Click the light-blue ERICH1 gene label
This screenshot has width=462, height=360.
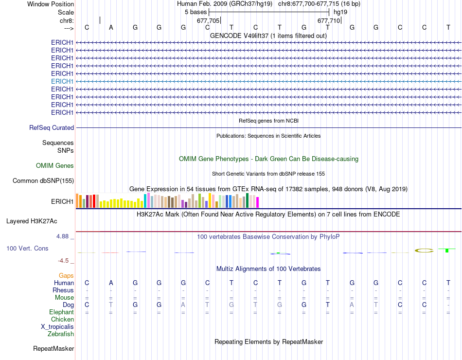pyautogui.click(x=62, y=81)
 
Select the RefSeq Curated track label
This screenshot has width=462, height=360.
pyautogui.click(x=52, y=127)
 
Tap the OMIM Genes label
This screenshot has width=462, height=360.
pyautogui.click(x=55, y=165)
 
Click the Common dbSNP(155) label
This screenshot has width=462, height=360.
pyautogui.click(x=43, y=181)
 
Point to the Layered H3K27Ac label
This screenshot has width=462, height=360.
pyautogui.click(x=32, y=221)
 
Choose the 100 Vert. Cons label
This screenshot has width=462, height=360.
pyautogui.click(x=27, y=248)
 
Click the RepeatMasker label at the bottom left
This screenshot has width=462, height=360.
pyautogui.click(x=53, y=348)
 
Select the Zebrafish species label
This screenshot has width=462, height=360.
pyautogui.click(x=61, y=334)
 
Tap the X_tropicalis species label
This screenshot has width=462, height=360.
pyautogui.click(x=57, y=326)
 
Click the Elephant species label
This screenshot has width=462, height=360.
pyautogui.click(x=61, y=312)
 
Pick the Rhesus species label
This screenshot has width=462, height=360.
pyautogui.click(x=63, y=290)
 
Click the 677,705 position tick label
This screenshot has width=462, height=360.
pyautogui.click(x=208, y=21)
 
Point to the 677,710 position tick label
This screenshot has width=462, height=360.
pyautogui.click(x=329, y=21)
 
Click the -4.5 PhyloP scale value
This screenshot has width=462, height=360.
pyautogui.click(x=65, y=260)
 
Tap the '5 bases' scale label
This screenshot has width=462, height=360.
pyautogui.click(x=195, y=12)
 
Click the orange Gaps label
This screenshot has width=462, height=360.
pyautogui.click(x=66, y=275)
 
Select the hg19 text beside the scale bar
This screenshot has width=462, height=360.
pyautogui.click(x=340, y=12)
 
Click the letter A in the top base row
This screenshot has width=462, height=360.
pyautogui.click(x=111, y=27)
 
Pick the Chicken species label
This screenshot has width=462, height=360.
pyautogui.click(x=62, y=319)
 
